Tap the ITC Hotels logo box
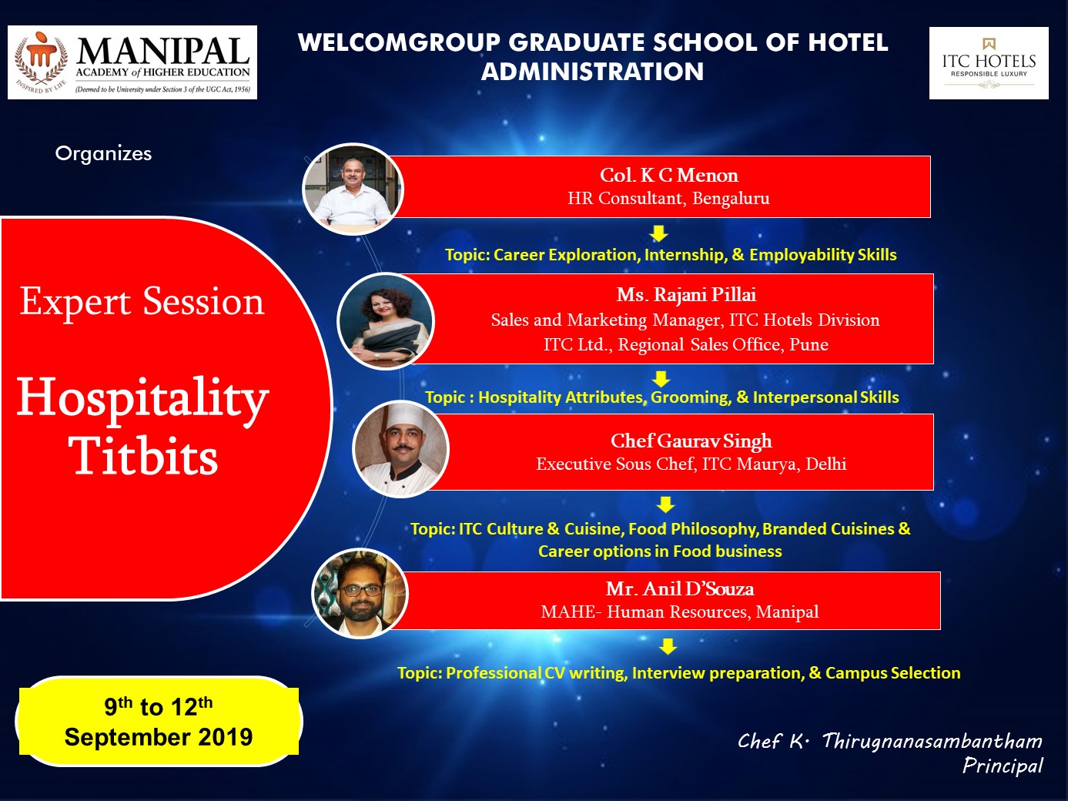[989, 63]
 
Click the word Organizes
[103, 154]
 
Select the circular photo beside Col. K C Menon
[353, 189]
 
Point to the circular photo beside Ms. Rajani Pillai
[385, 321]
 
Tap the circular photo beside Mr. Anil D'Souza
[360, 594]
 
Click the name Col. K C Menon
[668, 175]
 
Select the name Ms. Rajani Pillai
[686, 294]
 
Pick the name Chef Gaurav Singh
[691, 441]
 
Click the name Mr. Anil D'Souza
[680, 589]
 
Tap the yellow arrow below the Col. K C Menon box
[658, 233]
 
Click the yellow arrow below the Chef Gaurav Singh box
[665, 504]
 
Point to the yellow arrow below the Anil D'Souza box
[668, 646]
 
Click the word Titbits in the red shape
[145, 455]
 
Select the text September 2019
[159, 737]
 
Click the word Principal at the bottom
[1003, 766]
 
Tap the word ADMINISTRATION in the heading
[593, 72]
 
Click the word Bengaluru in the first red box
[731, 199]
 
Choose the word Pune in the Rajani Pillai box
[809, 344]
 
